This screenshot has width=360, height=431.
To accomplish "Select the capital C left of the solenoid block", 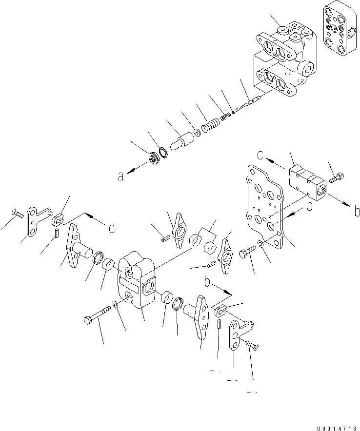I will coord(261,157).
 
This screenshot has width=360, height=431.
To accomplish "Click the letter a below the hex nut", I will coord(120,176).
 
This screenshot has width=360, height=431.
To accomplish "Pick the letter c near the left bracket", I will coord(112,228).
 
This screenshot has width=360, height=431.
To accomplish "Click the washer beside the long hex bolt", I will coord(114,305).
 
